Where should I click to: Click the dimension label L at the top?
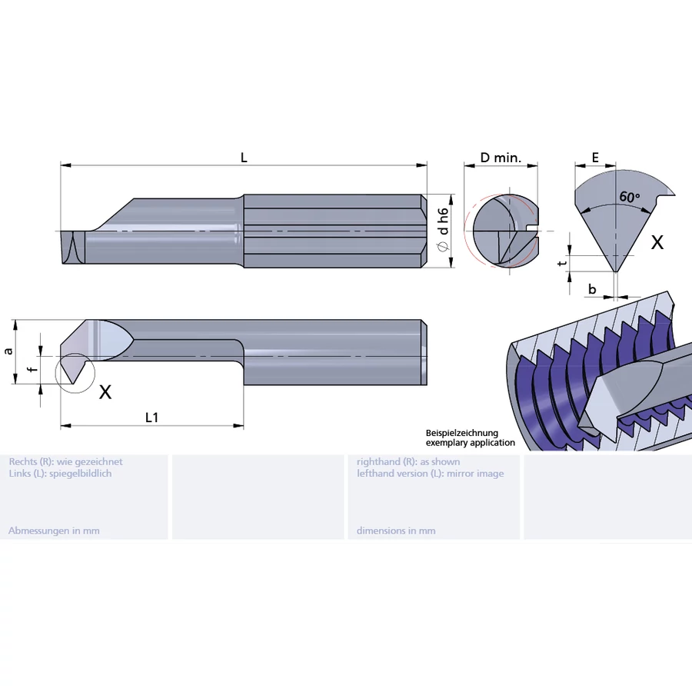click(244, 158)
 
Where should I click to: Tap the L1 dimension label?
click(152, 417)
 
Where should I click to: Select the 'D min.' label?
click(501, 158)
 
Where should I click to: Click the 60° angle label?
click(629, 197)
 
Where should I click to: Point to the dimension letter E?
click(596, 158)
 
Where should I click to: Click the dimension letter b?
click(592, 289)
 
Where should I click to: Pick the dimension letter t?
click(563, 263)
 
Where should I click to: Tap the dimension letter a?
click(8, 351)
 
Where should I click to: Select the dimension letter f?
click(32, 369)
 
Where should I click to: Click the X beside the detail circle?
click(105, 391)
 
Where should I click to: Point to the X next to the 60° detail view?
click(657, 242)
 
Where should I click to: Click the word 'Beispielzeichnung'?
click(462, 434)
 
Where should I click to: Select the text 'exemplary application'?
click(471, 443)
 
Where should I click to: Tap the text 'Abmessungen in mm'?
click(54, 531)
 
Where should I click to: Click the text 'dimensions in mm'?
click(396, 531)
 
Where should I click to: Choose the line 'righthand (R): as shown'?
click(408, 461)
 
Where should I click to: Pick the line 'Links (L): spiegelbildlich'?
click(60, 473)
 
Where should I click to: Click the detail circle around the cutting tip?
click(75, 372)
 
